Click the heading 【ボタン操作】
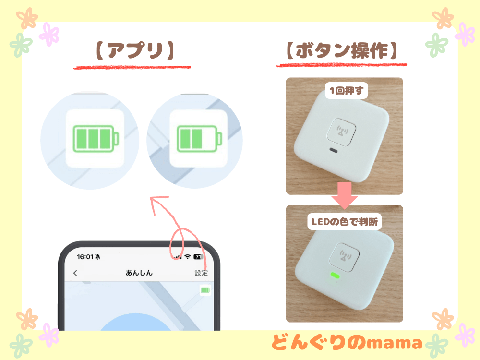[x=341, y=50]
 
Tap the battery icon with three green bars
[x=95, y=138]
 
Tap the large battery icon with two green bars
[x=199, y=138]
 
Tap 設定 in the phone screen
[x=201, y=273]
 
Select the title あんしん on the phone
[x=139, y=273]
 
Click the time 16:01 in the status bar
[x=85, y=257]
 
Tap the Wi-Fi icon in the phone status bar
[x=187, y=257]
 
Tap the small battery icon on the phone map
[x=205, y=290]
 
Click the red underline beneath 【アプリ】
[x=132, y=68]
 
